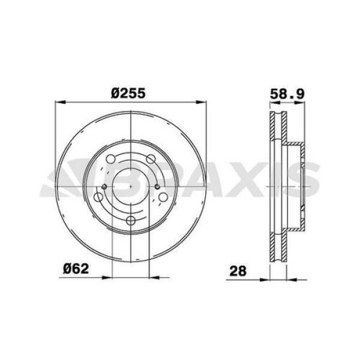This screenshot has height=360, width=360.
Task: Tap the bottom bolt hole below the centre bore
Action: (130, 220)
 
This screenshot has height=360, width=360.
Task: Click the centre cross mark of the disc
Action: (130, 187)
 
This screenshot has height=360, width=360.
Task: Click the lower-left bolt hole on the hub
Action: (98, 197)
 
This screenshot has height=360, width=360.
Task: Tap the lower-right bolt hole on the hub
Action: (162, 197)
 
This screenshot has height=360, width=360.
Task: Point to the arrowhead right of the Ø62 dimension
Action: (154, 277)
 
